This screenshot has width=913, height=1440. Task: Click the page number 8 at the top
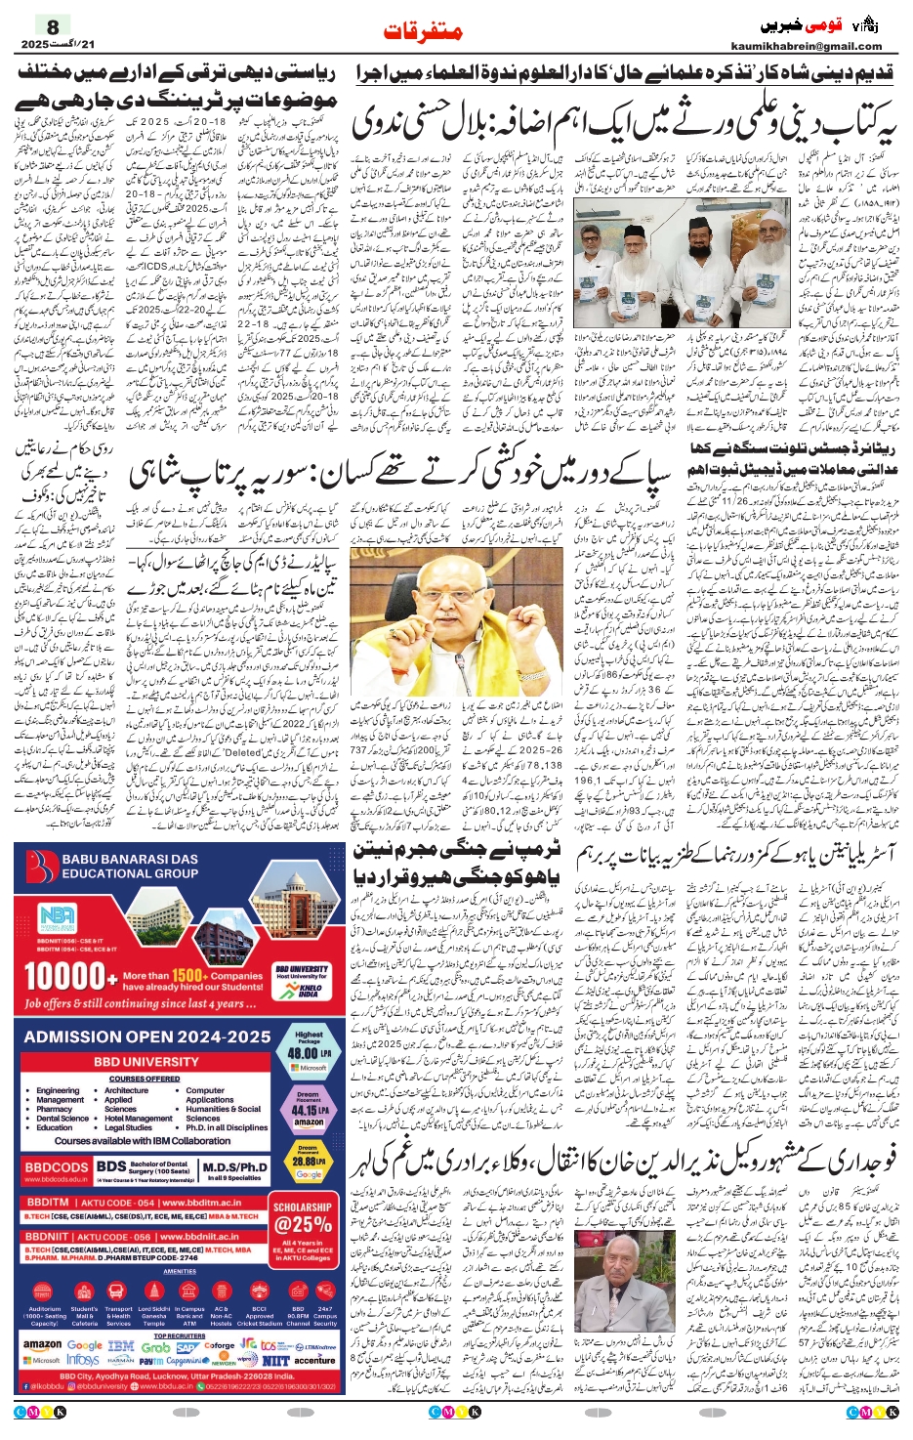coord(53,25)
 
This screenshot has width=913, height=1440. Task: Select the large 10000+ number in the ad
coord(64,977)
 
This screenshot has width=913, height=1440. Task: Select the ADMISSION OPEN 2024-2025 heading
coord(147,1037)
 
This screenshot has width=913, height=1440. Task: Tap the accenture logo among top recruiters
coord(314,1360)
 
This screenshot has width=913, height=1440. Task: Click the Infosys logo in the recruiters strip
coord(83,1360)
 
